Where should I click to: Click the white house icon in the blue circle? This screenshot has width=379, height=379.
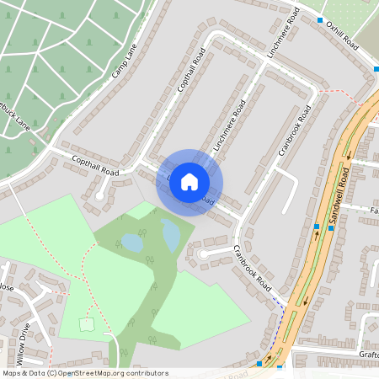pos(189,182)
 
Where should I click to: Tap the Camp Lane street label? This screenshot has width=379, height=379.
pos(125,61)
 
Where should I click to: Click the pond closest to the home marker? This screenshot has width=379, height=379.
pos(171,235)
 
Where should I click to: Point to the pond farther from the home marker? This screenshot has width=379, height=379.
pos(132,243)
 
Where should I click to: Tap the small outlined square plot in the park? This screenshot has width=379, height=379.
pos(86,323)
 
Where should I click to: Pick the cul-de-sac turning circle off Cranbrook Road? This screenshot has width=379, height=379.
pos(202,252)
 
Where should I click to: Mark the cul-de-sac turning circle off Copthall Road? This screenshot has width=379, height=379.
pos(99,195)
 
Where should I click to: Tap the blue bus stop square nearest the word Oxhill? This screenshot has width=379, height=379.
pos(320,20)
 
